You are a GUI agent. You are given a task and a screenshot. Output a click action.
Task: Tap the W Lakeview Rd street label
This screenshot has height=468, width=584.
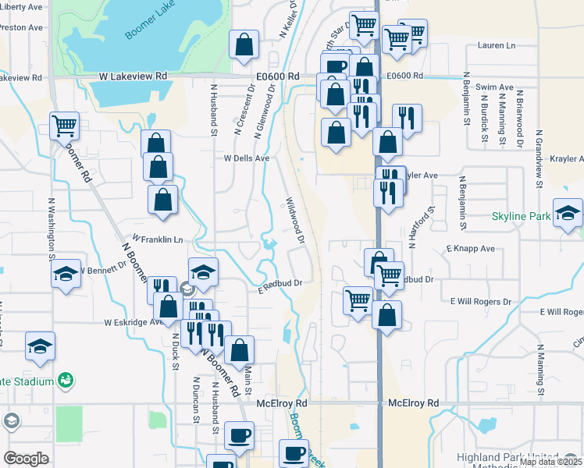coord(134,76)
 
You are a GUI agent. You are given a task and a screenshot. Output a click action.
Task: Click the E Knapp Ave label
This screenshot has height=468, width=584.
coord(471,249)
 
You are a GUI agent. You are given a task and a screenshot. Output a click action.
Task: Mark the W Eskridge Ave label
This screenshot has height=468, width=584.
coord(132,321)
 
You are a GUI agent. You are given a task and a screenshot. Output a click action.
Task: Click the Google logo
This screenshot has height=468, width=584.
coord(26,459)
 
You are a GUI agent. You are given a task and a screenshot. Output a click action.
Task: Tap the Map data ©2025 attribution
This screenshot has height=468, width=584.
coord(550,462)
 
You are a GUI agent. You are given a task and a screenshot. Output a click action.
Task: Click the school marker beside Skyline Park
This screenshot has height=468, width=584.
coord(568,213)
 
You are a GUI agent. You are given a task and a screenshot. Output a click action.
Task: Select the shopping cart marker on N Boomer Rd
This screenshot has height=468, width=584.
coord(64,125)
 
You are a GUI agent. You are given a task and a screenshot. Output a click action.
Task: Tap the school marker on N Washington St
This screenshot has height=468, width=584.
coord(66,274)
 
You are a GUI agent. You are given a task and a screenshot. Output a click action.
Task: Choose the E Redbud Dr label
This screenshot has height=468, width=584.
coord(280,290)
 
